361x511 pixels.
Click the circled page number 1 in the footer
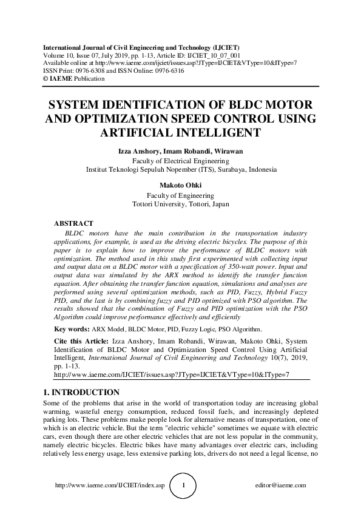[x=184, y=486]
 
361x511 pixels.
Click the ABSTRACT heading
[x=73, y=224]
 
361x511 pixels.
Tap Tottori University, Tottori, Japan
[x=181, y=205]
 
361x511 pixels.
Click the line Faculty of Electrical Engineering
[x=181, y=161]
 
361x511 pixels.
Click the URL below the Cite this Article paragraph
[x=172, y=374]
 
